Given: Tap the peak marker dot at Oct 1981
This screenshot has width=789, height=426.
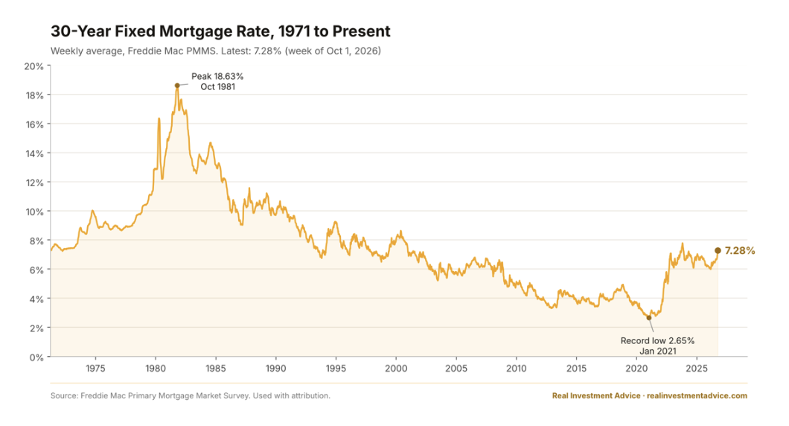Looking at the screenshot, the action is click(x=177, y=86).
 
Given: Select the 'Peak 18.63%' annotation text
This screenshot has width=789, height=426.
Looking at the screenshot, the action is click(x=217, y=77).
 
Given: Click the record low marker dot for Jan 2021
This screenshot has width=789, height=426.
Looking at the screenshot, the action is click(x=648, y=318).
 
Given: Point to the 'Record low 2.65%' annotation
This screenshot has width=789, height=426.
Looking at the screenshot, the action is click(x=657, y=341).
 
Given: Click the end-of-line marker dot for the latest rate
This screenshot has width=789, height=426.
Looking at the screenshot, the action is click(x=718, y=251).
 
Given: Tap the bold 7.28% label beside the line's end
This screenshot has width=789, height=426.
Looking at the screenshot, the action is click(x=740, y=251).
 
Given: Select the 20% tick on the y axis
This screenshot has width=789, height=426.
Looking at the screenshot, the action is click(x=33, y=66).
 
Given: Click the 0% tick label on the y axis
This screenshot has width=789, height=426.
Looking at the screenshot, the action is click(x=36, y=357).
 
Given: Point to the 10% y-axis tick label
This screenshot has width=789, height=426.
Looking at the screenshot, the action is click(x=34, y=212).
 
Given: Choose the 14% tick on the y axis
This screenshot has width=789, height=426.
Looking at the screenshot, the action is click(x=34, y=153).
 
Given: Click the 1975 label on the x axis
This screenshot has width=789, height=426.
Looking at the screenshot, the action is click(x=95, y=369).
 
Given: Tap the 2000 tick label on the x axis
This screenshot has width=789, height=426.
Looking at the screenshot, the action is click(x=396, y=369).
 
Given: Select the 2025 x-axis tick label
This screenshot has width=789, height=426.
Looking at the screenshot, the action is click(x=697, y=369).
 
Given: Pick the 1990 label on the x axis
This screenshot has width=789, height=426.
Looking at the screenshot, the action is click(x=275, y=369).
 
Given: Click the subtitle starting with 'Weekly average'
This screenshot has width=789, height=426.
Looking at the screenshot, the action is click(x=216, y=51).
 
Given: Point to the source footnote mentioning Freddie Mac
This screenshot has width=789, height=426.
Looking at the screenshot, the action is click(x=191, y=395).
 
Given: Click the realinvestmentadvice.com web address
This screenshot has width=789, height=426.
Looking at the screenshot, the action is click(x=697, y=395).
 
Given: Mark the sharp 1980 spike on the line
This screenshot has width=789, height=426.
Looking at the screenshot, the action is click(x=159, y=119).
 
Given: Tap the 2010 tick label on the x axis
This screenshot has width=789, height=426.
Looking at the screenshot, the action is click(x=517, y=369).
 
